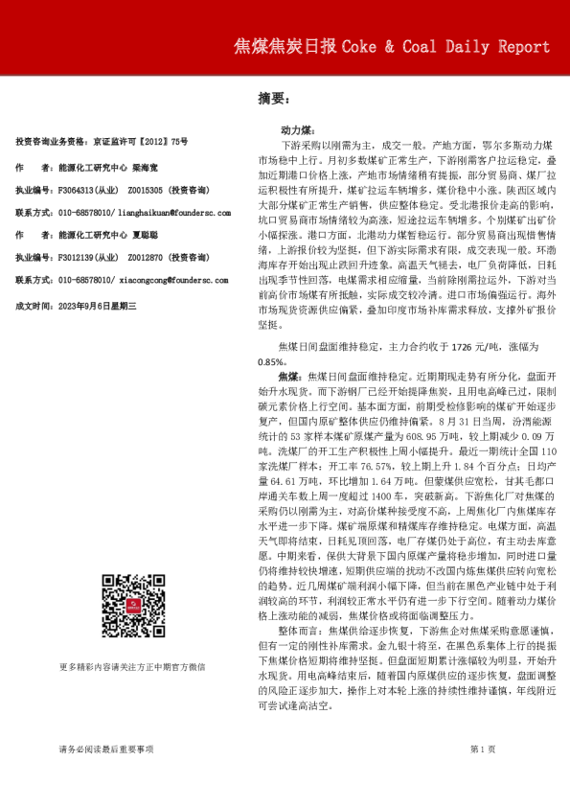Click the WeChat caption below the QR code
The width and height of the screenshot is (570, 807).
click(x=133, y=665)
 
